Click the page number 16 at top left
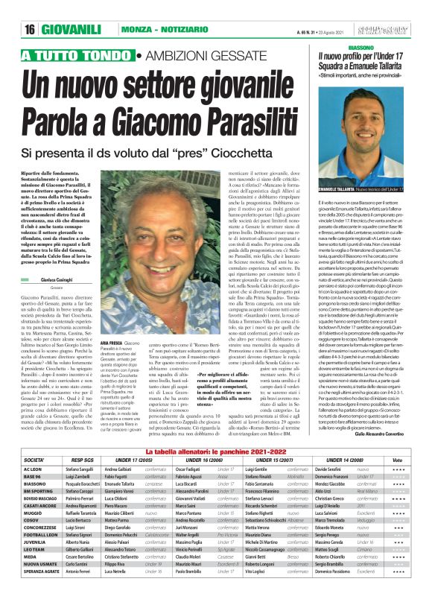point(29,31)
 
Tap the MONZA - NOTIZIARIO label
point(159,31)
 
